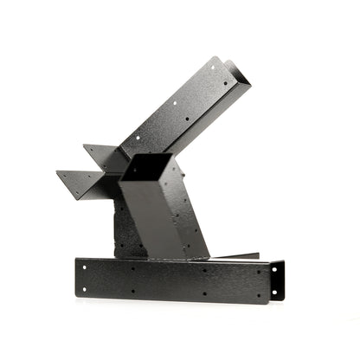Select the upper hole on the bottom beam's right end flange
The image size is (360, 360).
[274, 270]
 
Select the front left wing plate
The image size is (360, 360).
[87, 183]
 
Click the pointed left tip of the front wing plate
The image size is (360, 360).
[57, 172]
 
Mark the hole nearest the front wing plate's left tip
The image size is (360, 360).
[72, 177]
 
